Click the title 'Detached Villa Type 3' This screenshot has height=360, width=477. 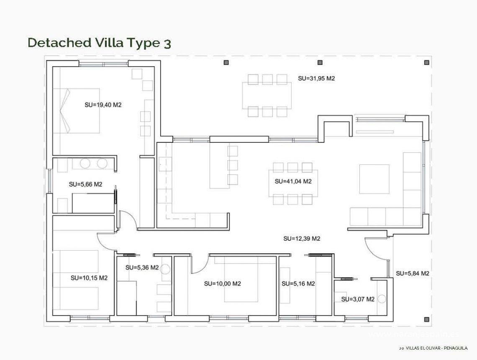click(99, 43)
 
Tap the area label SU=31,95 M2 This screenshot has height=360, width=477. click(316, 78)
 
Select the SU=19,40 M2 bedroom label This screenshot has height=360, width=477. click(103, 105)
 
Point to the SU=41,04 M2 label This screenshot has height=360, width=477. click(293, 181)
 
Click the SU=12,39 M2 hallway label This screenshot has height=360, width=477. click(302, 239)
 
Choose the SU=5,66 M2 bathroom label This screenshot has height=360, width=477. click(85, 184)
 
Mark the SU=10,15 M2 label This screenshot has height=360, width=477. click(89, 278)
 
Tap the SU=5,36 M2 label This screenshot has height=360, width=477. click(142, 267)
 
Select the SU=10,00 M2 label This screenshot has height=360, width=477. click(223, 283)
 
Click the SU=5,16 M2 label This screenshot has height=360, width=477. click(298, 283)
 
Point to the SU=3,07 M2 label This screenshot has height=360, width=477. click(357, 299)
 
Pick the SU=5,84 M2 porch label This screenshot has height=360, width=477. click(413, 273)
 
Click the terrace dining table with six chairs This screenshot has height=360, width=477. click(267, 95)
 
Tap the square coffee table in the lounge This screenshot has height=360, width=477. click(374, 179)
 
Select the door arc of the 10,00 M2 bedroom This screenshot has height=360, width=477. click(200, 265)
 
